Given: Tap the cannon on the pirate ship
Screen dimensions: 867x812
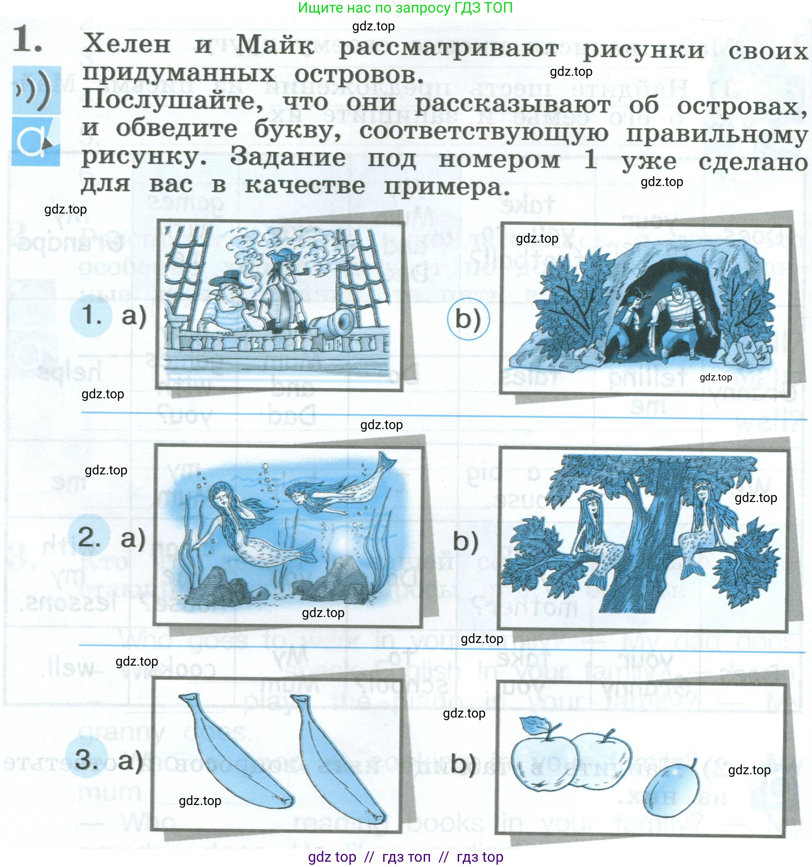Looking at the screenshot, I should tap(336, 323).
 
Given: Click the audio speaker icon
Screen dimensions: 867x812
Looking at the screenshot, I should tap(36, 90).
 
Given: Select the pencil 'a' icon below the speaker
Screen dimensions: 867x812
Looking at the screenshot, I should tap(35, 141).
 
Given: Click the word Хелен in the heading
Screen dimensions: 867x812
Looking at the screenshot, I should tap(126, 44).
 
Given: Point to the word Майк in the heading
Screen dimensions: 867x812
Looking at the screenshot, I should tap(275, 45).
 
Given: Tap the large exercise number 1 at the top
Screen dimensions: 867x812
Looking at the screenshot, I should tap(27, 40).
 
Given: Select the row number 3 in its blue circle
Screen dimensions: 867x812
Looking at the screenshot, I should tap(86, 760).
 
